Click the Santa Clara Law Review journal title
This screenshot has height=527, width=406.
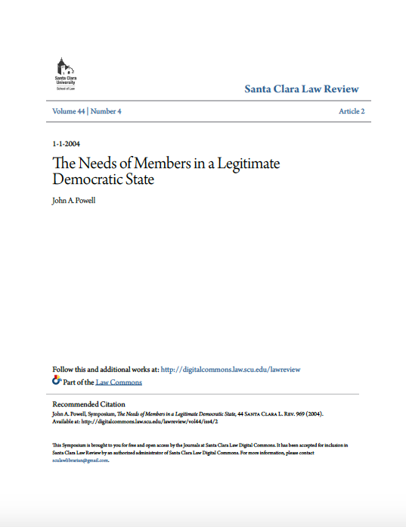coord(301,89)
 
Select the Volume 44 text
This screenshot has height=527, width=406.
coord(68,111)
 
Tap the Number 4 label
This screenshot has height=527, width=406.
coord(107,111)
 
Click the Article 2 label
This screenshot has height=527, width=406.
coord(352,111)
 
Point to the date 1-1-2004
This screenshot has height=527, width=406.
coord(67,144)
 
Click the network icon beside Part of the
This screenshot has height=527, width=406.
coord(56,382)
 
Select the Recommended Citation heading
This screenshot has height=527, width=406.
coord(88,404)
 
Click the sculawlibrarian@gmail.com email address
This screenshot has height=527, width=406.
coord(80,460)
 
